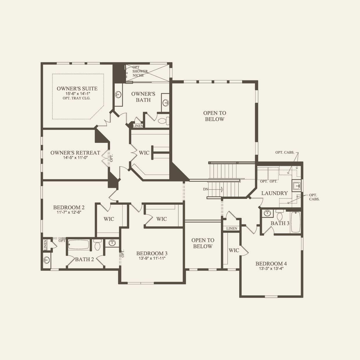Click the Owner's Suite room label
tap(77, 89)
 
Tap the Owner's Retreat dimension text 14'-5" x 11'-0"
tap(75, 158)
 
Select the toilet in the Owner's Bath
tap(164, 121)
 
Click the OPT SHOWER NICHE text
tap(140, 71)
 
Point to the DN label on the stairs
tap(206, 189)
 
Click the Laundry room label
tap(274, 193)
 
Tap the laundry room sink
tap(296, 186)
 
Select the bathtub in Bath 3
tap(296, 222)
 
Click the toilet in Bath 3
tap(280, 215)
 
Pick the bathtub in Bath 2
tap(79, 244)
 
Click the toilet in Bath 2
tap(97, 245)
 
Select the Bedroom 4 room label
tap(271, 264)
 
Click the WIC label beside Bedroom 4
tap(234, 250)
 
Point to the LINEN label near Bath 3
tap(232, 228)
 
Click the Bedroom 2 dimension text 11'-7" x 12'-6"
tap(69, 212)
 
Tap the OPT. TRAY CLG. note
tap(77, 98)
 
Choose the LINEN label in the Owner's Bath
tap(138, 126)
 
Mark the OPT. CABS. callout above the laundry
tap(285, 152)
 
